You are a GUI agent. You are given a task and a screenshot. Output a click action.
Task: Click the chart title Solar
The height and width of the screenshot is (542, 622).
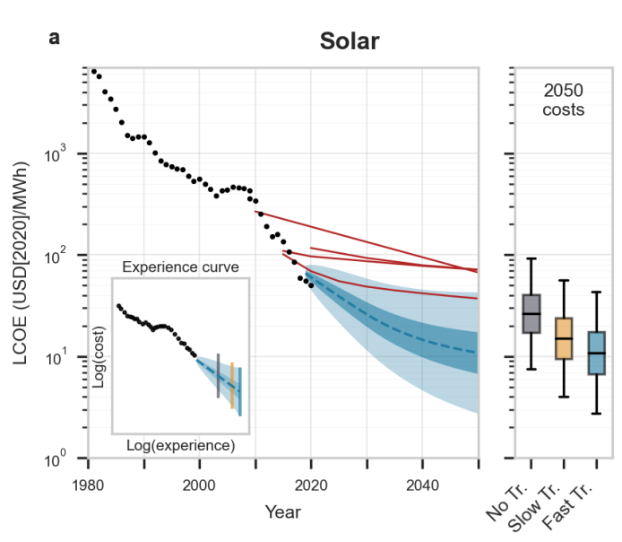(x=350, y=41)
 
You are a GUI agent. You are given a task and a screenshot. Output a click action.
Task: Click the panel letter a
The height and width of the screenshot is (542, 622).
(x=55, y=39)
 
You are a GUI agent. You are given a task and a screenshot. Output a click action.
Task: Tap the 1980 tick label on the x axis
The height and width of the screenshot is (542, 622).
(x=87, y=485)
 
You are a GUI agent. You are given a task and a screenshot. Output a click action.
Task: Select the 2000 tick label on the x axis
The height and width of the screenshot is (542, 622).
(x=199, y=485)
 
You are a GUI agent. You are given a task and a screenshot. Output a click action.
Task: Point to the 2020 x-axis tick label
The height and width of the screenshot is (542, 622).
(x=311, y=485)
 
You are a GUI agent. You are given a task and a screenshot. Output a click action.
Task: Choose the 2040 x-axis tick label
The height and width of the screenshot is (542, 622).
(x=422, y=485)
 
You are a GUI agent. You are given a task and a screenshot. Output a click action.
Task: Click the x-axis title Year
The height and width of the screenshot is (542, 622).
(x=282, y=511)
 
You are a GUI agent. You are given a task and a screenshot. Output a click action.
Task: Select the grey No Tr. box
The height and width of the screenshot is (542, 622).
(x=531, y=313)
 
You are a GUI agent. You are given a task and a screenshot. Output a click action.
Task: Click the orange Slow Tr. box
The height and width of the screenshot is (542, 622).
(x=564, y=338)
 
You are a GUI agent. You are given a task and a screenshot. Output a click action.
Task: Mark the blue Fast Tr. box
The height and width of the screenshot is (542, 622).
(x=596, y=353)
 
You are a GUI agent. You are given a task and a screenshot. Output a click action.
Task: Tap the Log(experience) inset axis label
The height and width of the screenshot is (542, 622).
(x=180, y=444)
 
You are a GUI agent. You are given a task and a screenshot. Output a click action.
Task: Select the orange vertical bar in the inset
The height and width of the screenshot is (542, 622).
(x=232, y=386)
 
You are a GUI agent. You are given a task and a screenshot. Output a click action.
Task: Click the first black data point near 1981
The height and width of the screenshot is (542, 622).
(x=94, y=72)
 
